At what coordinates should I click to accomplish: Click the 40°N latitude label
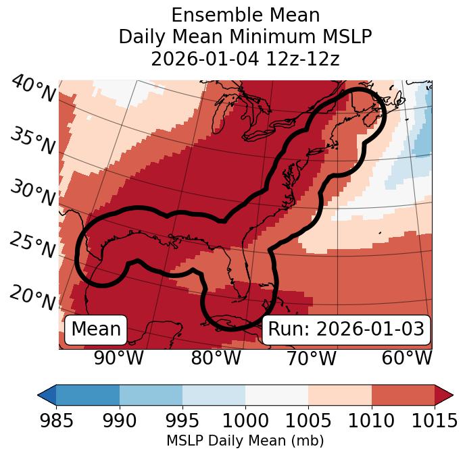32,89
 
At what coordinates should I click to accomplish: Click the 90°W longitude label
118,358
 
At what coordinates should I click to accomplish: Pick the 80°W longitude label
215,358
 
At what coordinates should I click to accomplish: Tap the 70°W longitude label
310,358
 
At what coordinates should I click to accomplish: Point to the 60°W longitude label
406,358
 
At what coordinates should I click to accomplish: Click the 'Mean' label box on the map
96,329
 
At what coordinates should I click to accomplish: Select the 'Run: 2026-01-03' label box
346,329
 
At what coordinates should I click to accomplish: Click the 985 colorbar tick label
56,421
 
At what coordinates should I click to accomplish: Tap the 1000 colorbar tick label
245,421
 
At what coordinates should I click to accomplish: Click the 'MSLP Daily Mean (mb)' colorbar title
245,441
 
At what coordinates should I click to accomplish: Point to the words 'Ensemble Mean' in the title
245,15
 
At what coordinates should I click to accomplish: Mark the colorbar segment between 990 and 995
151,395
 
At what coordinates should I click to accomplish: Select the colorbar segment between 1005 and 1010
340,395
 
